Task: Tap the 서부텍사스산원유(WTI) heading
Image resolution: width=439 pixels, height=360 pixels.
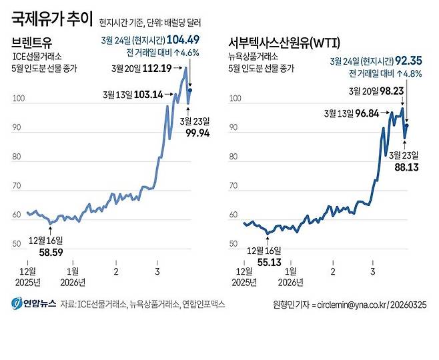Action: (284, 43)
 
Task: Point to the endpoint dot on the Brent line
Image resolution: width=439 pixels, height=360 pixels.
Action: (190, 90)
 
